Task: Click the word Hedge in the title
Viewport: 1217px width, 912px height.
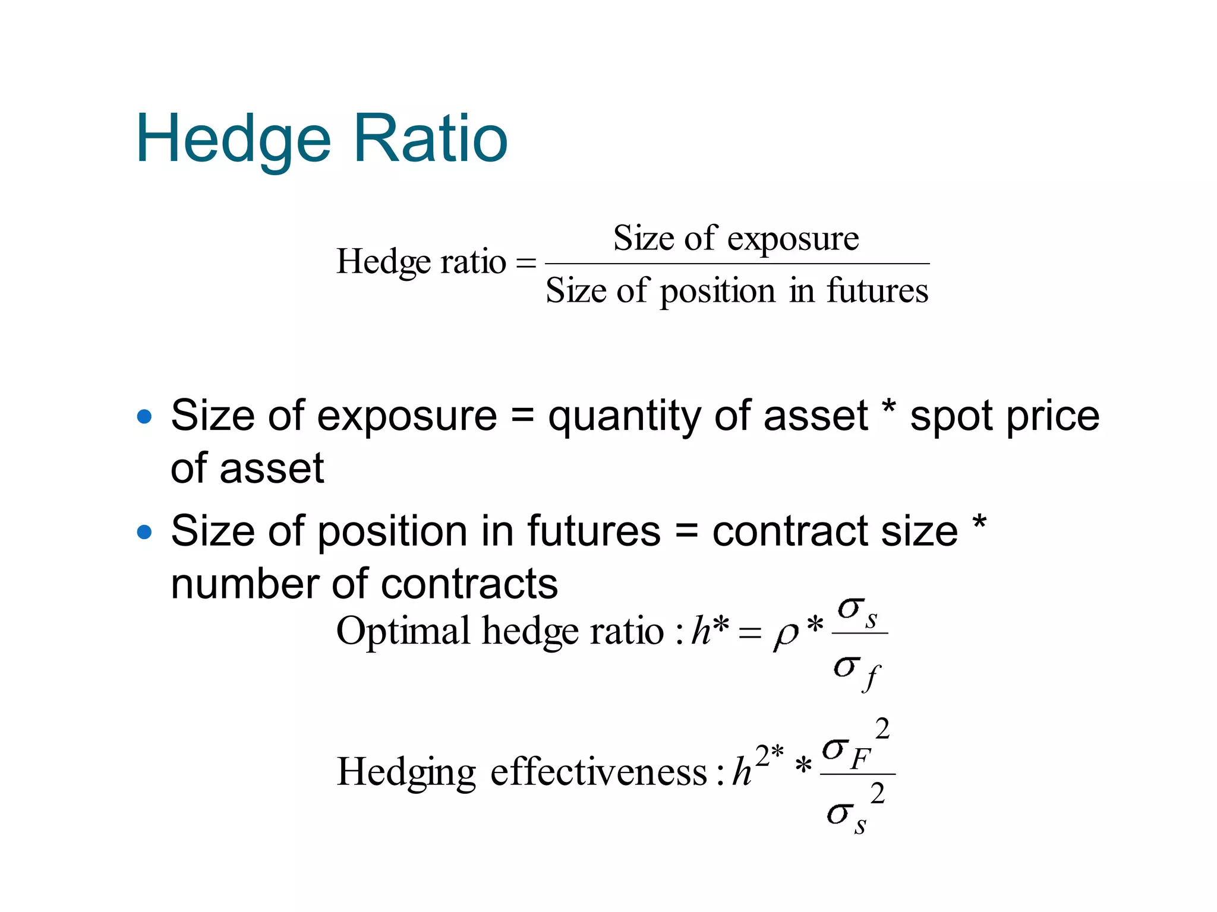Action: (233, 140)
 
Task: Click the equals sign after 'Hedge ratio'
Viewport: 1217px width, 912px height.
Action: (526, 262)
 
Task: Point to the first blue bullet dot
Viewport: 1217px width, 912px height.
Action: (144, 416)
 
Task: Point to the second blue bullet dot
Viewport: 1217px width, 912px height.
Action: (144, 531)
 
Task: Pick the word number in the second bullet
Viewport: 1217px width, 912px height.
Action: (244, 584)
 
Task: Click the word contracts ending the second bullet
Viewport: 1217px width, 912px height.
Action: (469, 584)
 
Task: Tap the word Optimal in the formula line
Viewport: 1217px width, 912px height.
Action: (403, 631)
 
